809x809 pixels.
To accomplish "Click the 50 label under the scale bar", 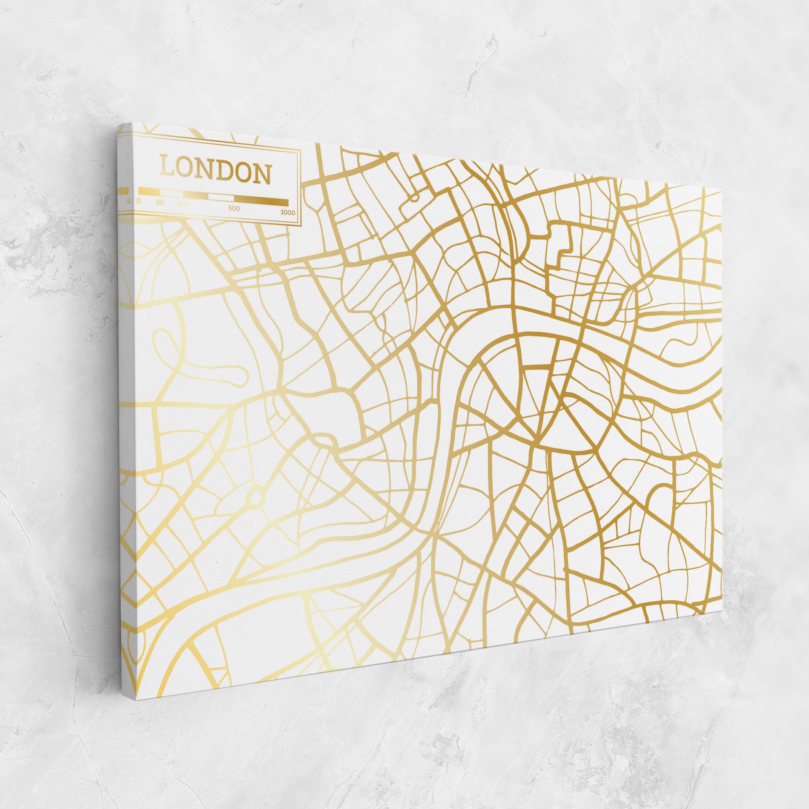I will (160, 202).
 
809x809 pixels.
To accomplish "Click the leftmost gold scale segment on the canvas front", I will (149, 192).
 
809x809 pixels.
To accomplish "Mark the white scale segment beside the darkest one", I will (221, 198).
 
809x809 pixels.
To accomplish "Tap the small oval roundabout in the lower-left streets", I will (256, 495).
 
